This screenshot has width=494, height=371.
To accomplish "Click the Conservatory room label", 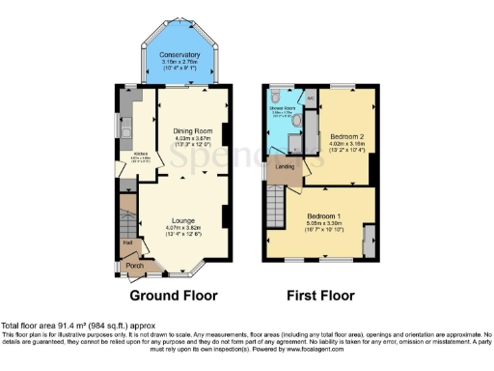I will coord(179,55).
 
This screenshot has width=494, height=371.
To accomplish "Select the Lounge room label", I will coord(183,220).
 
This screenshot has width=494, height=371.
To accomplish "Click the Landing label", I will coord(285,167).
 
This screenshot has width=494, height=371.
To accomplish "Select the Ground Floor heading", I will coord(173,295).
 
